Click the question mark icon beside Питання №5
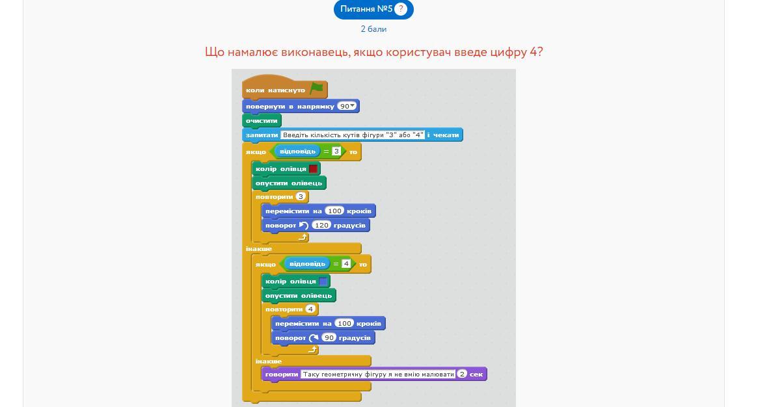[x=400, y=9]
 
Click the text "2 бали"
[x=373, y=29]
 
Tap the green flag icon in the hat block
[x=317, y=89]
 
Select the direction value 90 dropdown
[x=347, y=106]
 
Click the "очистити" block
[x=262, y=121]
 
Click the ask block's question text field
[x=353, y=135]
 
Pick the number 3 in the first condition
[x=336, y=151]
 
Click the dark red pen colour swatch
[x=313, y=169]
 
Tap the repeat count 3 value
[x=301, y=197]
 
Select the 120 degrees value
[x=321, y=226]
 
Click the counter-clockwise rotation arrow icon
[x=304, y=226]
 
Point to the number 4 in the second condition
[x=345, y=264]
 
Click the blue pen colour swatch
[x=323, y=282]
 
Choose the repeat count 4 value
[x=310, y=309]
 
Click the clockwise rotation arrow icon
[x=314, y=338]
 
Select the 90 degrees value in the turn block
[x=329, y=338]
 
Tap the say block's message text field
[x=378, y=374]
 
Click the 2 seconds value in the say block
[x=462, y=374]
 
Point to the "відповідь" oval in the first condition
[x=297, y=151]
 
